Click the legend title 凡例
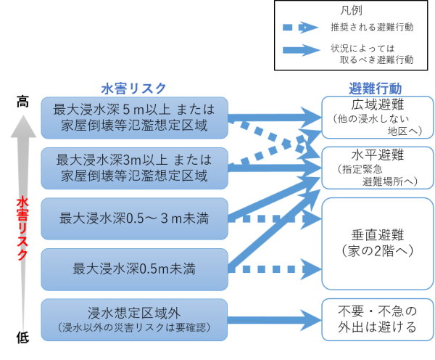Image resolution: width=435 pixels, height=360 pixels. pos(351,11)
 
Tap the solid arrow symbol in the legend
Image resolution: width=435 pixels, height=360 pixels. pos(300,51)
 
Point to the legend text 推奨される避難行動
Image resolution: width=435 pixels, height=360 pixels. pos(372,28)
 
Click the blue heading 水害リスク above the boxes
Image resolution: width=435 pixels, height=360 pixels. pos(133,88)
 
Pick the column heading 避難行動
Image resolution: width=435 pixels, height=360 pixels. pos(375,89)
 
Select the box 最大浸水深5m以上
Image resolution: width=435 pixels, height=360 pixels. pos(134,117)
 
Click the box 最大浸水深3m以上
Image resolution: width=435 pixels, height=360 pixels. pos(134,166)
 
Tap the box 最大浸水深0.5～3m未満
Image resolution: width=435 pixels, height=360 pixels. pos(134,217)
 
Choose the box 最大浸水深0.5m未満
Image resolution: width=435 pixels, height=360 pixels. pos(134,269)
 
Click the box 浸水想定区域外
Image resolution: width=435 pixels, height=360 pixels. pos(134,319)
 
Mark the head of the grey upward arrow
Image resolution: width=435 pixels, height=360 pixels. pos(22,128)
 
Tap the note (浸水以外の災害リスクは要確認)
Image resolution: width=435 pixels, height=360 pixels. pos(134,327)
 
